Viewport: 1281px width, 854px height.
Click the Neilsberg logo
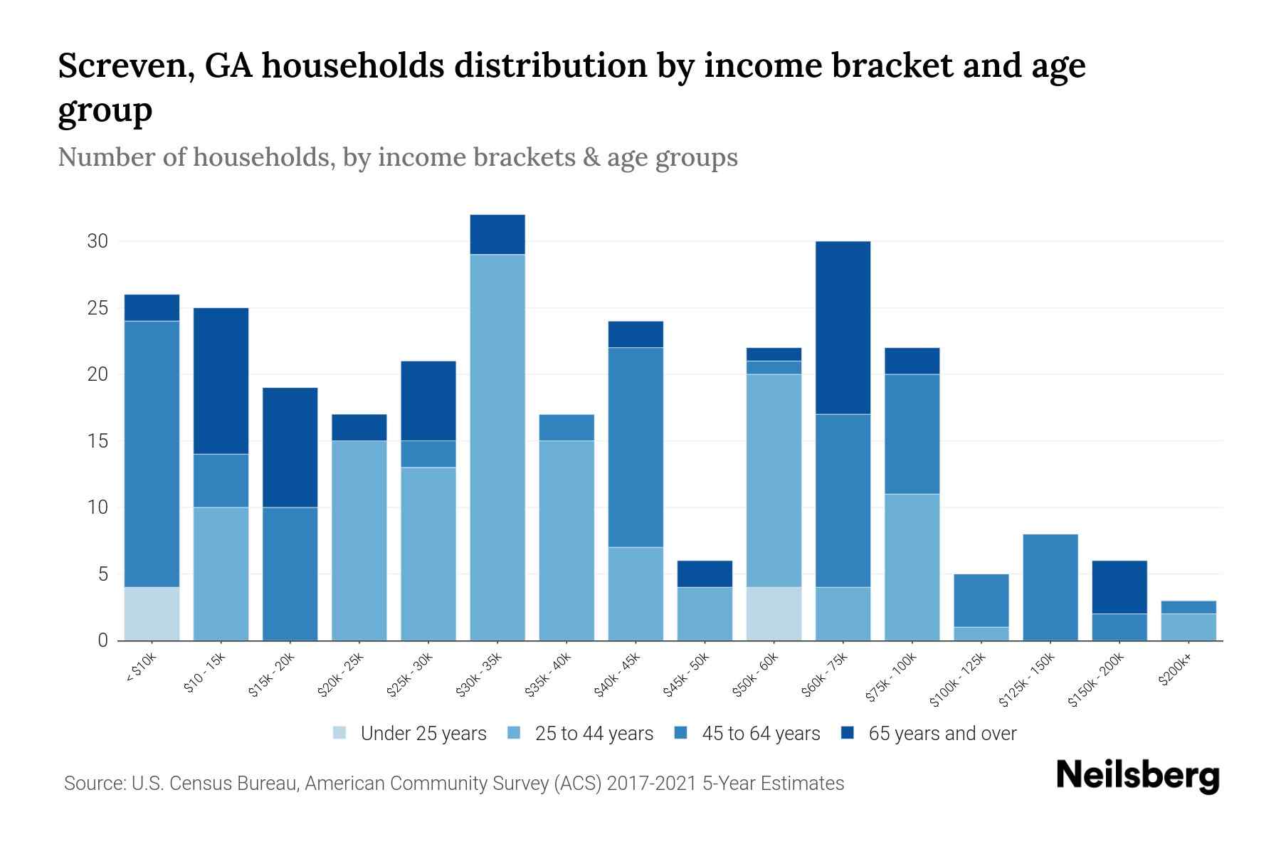[x=1138, y=776]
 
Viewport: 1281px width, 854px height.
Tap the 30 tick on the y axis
[x=97, y=241]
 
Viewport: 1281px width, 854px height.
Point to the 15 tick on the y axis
[x=97, y=441]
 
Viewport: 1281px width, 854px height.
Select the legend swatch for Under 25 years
[x=340, y=733]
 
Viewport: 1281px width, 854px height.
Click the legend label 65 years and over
[x=942, y=734]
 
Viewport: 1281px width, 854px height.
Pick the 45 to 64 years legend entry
[x=761, y=734]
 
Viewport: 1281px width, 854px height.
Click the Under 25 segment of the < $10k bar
[x=152, y=613]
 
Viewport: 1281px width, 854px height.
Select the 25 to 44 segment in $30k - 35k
[x=497, y=447]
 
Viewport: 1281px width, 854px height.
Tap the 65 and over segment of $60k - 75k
[x=843, y=327]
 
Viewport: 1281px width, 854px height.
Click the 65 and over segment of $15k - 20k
[x=290, y=447]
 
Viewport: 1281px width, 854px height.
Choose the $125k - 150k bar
[x=1050, y=587]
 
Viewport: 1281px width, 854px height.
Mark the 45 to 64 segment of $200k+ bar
[x=1188, y=607]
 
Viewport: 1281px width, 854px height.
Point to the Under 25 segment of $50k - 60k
[x=774, y=613]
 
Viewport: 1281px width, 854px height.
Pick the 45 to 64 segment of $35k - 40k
[x=566, y=427]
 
